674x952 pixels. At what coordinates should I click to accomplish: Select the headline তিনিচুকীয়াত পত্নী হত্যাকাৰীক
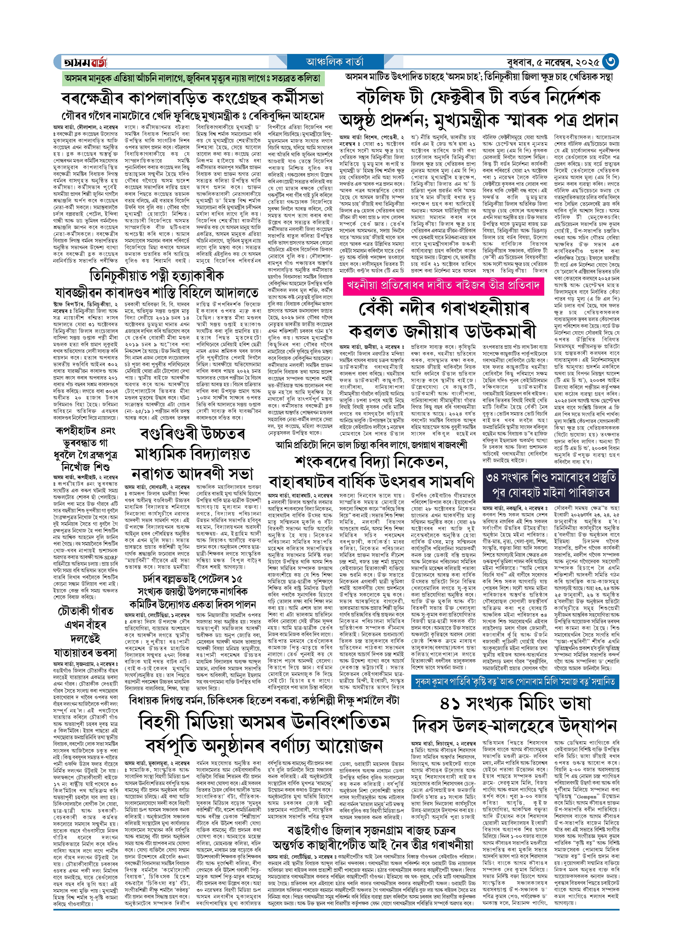(157, 275)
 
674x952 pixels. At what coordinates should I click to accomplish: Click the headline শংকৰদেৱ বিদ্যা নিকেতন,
(371, 462)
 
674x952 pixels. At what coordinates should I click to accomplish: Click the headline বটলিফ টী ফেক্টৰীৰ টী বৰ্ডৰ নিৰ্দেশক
(478, 97)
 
